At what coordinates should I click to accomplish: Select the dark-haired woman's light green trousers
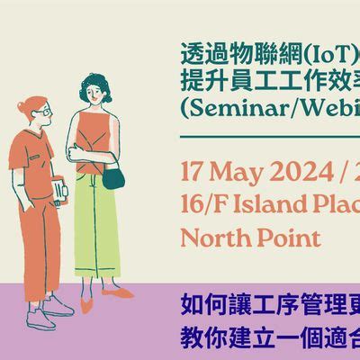pyautogui.click(x=98, y=229)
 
